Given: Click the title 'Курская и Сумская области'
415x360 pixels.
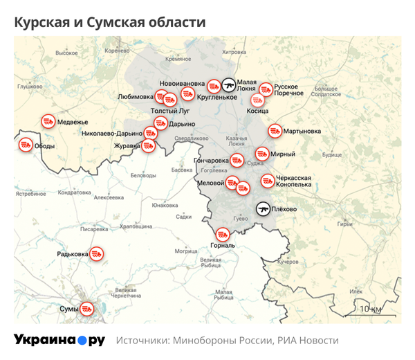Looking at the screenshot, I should point(110,21).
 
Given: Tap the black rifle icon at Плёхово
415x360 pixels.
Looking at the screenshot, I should point(264,208).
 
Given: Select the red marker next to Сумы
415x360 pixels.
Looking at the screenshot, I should point(86,308).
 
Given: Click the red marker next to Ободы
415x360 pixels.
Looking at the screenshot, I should point(26,145).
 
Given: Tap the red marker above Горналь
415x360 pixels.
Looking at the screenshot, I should point(223,235).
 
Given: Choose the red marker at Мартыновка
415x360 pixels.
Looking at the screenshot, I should point(275,130).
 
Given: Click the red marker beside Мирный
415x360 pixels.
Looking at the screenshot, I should point(262,154).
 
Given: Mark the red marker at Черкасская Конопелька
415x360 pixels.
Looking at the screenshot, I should point(267,181).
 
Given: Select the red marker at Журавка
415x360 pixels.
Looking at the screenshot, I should point(147,146).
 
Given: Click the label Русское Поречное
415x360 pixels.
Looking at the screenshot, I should point(288,90).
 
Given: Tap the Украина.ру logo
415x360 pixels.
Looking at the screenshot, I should point(59,340).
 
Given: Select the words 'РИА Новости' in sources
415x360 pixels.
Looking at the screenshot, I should point(308,341).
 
